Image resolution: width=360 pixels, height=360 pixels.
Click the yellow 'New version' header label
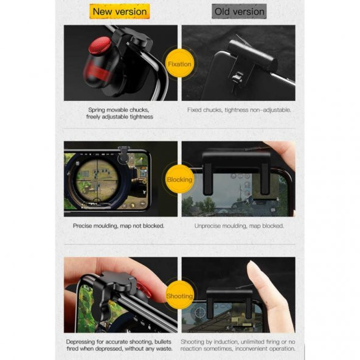[120, 12]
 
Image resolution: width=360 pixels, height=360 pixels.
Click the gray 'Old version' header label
[238, 12]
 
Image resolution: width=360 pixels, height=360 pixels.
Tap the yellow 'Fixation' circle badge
[179, 64]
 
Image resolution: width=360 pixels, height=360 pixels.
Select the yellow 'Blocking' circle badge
[179, 179]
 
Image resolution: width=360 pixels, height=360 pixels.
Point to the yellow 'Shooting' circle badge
[179, 296]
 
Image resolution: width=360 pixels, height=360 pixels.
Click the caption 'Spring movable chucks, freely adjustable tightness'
[120, 113]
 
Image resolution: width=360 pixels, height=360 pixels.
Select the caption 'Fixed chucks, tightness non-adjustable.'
[238, 110]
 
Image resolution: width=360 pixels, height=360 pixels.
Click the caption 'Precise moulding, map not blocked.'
[119, 226]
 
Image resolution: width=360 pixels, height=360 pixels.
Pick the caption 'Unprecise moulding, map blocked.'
[238, 226]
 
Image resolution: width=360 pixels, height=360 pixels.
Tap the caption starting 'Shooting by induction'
[238, 345]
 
